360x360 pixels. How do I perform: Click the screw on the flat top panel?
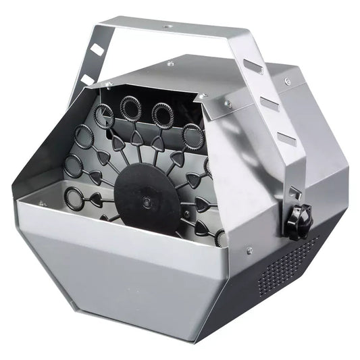[170, 63]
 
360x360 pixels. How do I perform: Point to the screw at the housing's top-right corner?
[288, 82]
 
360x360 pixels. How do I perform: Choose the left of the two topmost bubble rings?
[128, 105]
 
